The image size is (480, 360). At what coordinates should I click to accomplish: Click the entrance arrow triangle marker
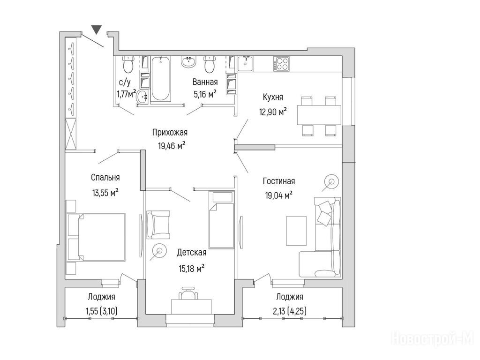coord(97,29)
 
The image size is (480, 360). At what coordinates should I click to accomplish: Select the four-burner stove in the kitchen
coord(282,64)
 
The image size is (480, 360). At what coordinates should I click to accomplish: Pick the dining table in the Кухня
coord(319,115)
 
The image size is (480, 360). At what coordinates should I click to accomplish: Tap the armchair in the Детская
coord(158,225)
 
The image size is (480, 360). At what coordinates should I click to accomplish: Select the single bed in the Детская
coord(221,220)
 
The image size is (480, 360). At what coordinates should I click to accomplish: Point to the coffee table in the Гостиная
coord(296,231)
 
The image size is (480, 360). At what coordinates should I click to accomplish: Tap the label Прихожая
coord(170,133)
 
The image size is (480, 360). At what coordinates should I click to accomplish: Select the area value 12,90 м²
coord(273,112)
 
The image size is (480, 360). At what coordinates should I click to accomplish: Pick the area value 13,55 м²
coord(105,193)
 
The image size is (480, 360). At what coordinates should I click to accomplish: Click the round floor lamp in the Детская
coord(159,251)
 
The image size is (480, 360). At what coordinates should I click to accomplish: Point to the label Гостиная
coord(279,181)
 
